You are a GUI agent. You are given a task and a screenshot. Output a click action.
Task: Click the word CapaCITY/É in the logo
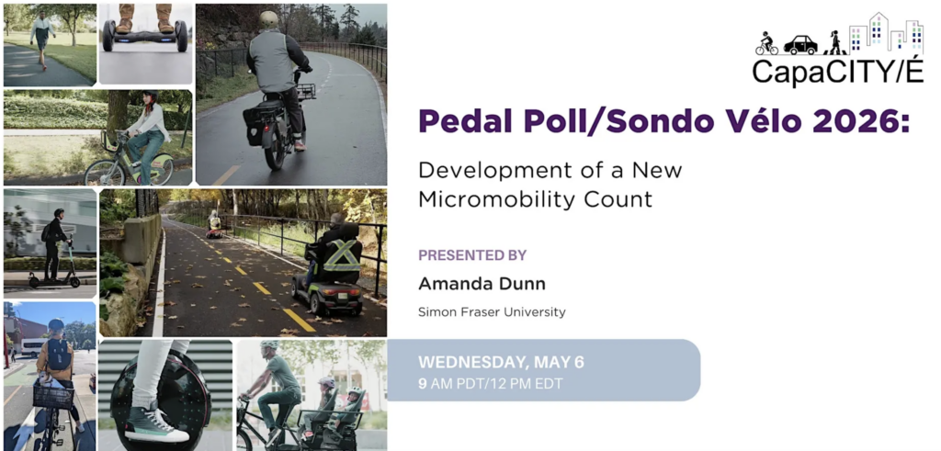tap(838, 72)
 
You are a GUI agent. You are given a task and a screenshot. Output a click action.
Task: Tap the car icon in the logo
tap(800, 45)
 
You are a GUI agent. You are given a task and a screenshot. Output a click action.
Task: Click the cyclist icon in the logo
tap(766, 44)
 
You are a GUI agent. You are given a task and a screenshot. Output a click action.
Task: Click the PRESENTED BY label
tap(472, 254)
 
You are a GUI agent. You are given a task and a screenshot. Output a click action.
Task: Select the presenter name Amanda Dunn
tap(482, 283)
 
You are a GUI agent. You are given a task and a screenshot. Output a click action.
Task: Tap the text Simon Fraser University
tap(493, 312)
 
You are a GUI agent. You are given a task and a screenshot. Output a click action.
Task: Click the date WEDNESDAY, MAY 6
tap(501, 362)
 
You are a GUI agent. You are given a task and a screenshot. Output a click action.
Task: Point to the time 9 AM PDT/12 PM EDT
tap(491, 383)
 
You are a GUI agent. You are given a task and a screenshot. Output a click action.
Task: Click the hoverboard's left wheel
tap(108, 36)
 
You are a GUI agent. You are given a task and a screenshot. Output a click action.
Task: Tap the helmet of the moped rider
tap(269, 18)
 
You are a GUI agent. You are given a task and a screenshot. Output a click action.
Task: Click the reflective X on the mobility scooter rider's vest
tap(342, 254)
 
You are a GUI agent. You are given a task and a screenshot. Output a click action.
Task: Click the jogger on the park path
tap(42, 37)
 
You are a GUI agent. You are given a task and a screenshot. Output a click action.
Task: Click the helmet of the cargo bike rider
tap(269, 344)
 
